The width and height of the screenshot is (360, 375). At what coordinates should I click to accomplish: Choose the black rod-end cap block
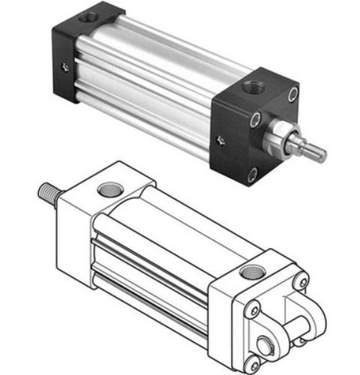point(251,127)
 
